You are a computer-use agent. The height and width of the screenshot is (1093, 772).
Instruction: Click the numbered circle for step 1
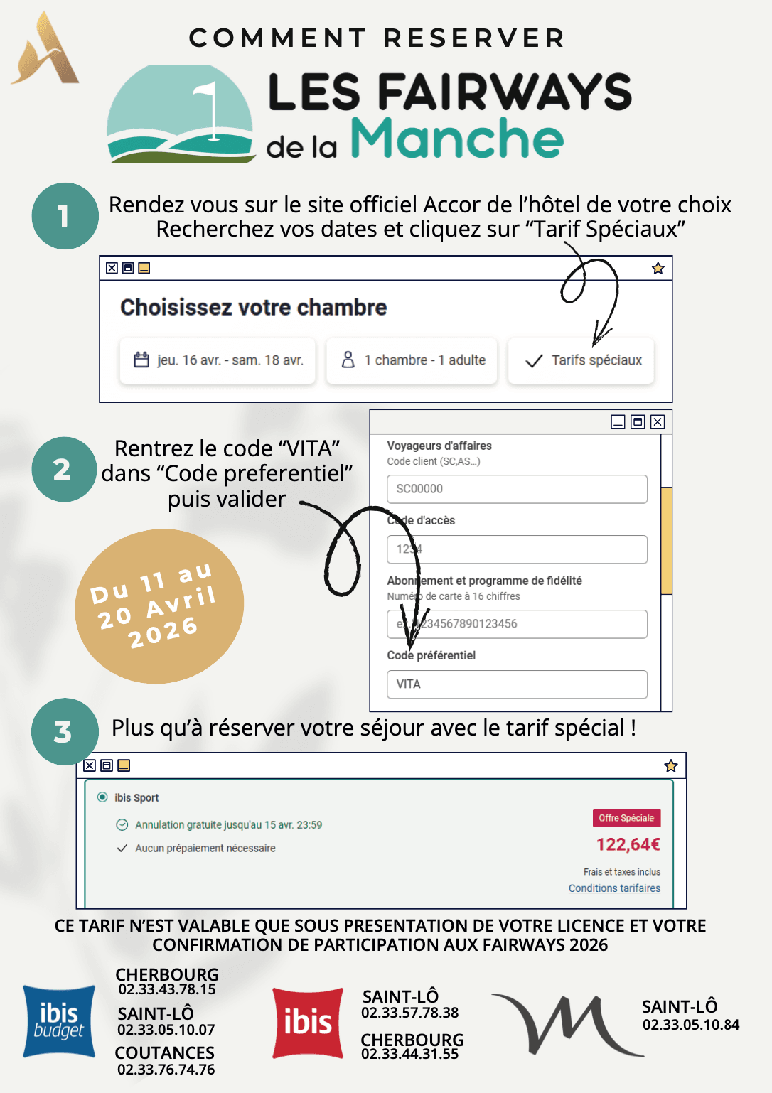(x=65, y=216)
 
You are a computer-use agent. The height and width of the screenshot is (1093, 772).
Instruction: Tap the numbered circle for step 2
(x=63, y=469)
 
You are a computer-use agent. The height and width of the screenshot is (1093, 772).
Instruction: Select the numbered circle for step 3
(x=64, y=731)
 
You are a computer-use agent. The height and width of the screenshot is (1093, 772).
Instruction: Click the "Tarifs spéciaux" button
(x=581, y=361)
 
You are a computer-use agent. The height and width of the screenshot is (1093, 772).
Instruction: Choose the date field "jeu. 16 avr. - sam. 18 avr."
(x=218, y=361)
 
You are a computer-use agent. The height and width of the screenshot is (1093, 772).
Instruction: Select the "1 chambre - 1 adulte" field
(x=412, y=361)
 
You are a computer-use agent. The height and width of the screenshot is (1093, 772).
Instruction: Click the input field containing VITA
(x=517, y=684)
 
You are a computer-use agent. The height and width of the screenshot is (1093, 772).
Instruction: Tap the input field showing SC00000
(x=517, y=489)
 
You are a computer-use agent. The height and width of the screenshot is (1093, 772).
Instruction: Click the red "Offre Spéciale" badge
(x=626, y=818)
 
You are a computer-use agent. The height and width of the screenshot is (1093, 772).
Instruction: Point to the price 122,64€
(x=628, y=844)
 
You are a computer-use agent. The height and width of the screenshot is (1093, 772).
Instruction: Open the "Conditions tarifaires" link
(x=614, y=888)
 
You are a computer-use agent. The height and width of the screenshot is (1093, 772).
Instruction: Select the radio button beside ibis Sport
(x=102, y=797)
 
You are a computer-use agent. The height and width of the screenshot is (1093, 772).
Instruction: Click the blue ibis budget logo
(x=59, y=1021)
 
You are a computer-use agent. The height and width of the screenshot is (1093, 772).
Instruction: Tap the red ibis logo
(x=308, y=1023)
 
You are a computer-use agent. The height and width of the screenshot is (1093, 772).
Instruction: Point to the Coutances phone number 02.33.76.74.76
(x=166, y=1070)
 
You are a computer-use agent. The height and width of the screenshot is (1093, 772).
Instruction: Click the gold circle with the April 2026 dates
(x=159, y=606)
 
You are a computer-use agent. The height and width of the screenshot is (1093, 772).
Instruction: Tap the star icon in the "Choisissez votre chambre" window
(x=658, y=268)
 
